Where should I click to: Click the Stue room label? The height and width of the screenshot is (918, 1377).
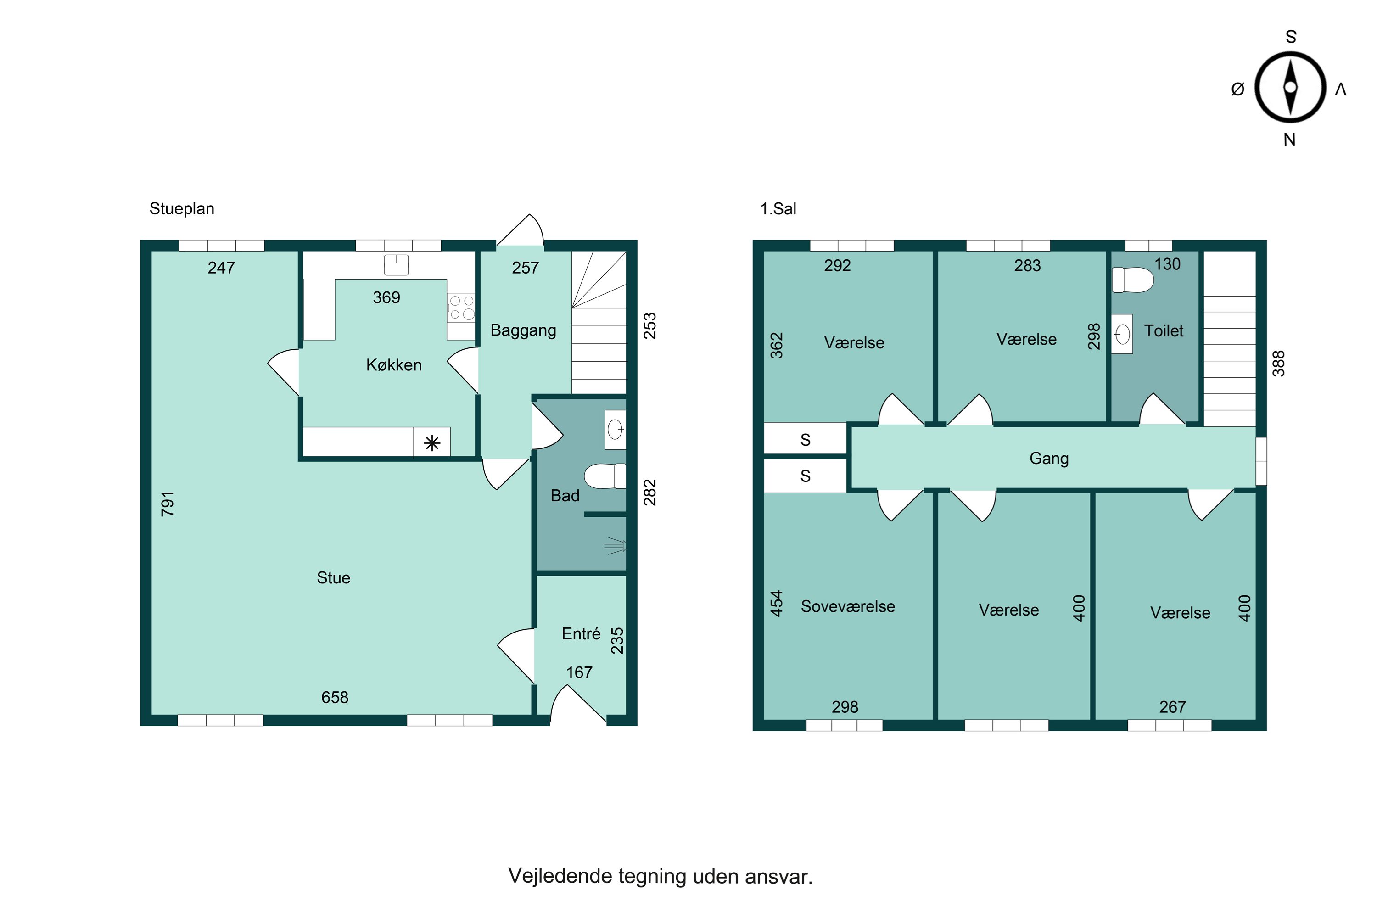click(333, 578)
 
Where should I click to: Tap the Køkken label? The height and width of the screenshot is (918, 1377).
click(394, 365)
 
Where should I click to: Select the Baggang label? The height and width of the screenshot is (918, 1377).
click(523, 331)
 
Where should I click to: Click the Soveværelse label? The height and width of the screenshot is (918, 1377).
click(848, 606)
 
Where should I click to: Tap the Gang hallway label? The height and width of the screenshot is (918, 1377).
click(1049, 459)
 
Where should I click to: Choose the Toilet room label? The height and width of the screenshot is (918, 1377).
click(1164, 331)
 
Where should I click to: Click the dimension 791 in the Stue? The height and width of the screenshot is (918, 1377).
click(168, 504)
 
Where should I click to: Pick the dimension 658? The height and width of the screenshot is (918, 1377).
click(335, 697)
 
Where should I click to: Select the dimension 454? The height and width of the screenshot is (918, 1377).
click(776, 604)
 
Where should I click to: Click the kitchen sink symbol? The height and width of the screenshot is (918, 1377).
click(396, 265)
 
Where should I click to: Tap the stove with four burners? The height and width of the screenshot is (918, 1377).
click(461, 308)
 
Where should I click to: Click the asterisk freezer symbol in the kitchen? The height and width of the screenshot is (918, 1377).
click(432, 442)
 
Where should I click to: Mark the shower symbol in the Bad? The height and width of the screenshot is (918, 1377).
click(616, 546)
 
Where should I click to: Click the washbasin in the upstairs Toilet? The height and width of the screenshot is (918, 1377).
click(1122, 334)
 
